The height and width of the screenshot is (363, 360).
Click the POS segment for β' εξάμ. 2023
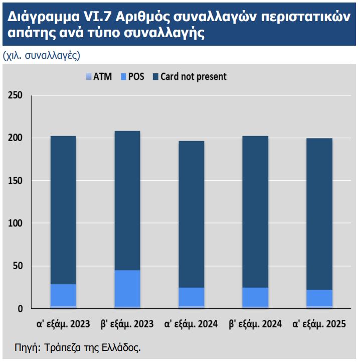(127, 288)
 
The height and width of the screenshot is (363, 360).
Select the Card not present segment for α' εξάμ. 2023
(63, 210)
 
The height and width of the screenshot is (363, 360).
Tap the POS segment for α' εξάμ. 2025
(319, 298)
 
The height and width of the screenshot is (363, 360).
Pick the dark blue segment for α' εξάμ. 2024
(191, 214)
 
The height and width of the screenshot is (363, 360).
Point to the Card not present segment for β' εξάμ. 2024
(255, 211)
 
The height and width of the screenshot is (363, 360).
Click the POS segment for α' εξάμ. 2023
(63, 295)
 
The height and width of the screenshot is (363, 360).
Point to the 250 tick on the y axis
(15, 95)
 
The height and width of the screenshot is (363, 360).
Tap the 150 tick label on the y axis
(15, 181)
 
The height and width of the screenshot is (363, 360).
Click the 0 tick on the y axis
(20, 309)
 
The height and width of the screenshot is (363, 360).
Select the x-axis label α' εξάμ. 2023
(64, 324)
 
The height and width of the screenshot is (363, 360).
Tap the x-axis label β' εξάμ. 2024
(255, 324)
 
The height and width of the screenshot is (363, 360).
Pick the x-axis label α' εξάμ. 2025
(319, 324)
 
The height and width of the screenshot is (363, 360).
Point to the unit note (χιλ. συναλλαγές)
(41, 55)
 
